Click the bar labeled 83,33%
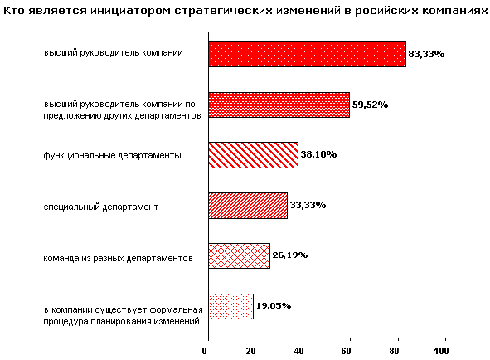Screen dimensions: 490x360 [308, 55]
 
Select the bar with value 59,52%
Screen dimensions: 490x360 [279, 105]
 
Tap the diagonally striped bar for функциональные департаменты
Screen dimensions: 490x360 [254, 155]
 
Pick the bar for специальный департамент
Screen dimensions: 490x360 [248, 206]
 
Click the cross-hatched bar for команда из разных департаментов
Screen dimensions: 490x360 [239, 255]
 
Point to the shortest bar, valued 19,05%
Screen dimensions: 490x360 [231, 306]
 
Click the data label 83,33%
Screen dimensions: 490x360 [426, 54]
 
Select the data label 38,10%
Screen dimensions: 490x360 [318, 154]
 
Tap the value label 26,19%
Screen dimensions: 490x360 [290, 255]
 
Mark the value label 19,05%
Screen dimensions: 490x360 [274, 305]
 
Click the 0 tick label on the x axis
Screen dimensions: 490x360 [205, 351]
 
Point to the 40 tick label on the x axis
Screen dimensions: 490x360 [298, 351]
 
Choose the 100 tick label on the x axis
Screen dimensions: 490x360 [441, 351]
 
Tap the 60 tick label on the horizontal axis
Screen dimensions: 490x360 [346, 351]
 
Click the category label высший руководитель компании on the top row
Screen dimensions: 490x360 [113, 53]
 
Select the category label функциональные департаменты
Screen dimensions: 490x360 [112, 155]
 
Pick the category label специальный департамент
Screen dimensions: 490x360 [100, 207]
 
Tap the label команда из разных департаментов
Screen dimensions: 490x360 [118, 258]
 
